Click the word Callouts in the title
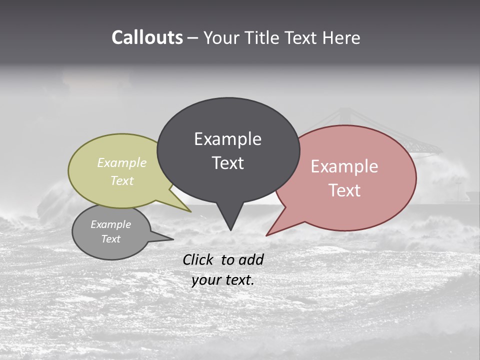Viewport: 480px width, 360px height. [147, 37]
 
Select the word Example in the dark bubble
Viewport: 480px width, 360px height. [227, 139]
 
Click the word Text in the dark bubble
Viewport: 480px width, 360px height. [227, 162]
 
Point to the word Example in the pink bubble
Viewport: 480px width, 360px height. [344, 166]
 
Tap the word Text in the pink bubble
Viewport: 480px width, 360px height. [344, 190]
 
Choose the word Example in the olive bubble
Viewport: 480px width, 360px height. [122, 162]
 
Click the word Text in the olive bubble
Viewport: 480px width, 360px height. [122, 180]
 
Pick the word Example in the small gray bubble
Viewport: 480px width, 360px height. [111, 224]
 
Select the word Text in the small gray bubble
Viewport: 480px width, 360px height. [111, 239]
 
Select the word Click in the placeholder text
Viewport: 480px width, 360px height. [198, 259]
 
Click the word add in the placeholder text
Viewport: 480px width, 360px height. [251, 259]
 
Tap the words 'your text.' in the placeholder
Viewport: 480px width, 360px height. [222, 280]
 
